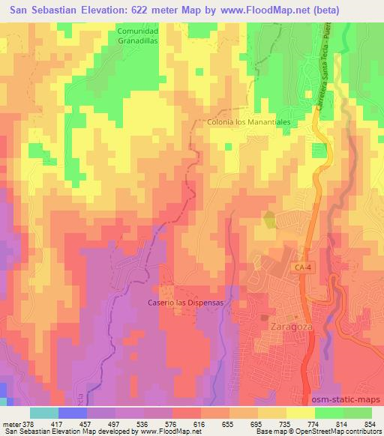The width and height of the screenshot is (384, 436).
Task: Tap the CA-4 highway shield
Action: point(302,267)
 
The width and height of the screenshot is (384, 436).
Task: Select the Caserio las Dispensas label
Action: point(185,302)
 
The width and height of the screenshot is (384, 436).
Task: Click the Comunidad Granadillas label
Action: point(138,36)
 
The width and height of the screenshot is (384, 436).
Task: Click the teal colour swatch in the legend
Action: point(44,413)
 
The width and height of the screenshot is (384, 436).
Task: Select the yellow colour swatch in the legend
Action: point(299,413)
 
